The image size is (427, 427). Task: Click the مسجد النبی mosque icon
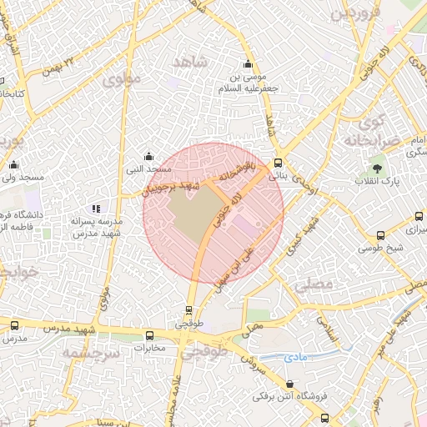point(148,155)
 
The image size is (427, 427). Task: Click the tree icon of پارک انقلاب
point(377,168)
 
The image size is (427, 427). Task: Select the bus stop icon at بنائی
point(278,163)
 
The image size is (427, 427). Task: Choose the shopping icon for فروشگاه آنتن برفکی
point(289,384)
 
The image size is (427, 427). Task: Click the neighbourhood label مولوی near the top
point(122,80)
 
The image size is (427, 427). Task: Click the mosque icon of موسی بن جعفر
point(247,64)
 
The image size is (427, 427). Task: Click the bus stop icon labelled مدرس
point(14,325)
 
